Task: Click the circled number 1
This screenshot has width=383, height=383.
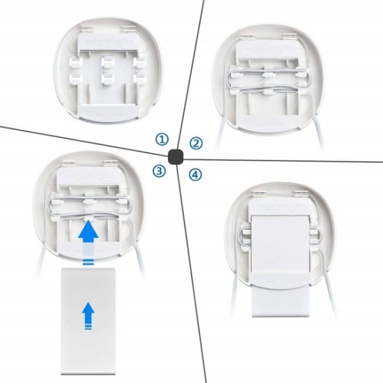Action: coord(162,140)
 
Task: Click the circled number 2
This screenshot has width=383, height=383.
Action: coord(196,143)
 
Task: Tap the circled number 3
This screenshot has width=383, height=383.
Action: coord(159,171)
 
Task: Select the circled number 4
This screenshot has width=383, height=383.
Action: coord(195,175)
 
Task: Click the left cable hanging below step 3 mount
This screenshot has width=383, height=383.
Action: coord(40,265)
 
